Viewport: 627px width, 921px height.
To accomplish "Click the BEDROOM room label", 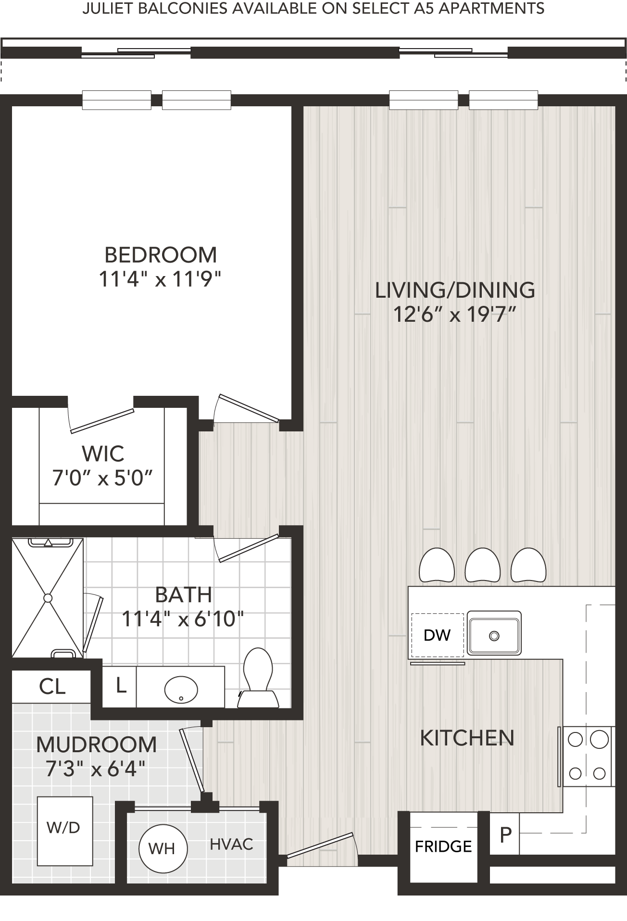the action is (161, 255).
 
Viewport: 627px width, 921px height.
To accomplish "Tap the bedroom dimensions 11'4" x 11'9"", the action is (160, 279).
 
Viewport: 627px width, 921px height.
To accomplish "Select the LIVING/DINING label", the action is (455, 290).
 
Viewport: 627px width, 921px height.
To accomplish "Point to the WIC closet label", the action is (103, 454).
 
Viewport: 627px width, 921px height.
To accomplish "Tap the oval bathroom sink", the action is (181, 690).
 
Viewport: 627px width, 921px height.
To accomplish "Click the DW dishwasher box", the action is (437, 635).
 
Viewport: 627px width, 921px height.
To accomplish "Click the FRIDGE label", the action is (443, 859).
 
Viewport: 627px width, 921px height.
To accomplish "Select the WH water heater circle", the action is (162, 849).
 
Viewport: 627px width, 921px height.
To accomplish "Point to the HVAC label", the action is (231, 844).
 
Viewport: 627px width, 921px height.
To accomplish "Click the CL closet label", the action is (52, 686).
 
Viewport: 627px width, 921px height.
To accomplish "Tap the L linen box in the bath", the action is (120, 686).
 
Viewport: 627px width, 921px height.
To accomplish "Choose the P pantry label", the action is (505, 834).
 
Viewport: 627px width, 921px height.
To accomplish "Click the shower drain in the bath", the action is (48, 598).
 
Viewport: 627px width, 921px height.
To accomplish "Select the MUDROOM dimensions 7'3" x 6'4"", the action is (96, 769).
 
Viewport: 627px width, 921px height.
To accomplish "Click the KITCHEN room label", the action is (467, 738).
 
